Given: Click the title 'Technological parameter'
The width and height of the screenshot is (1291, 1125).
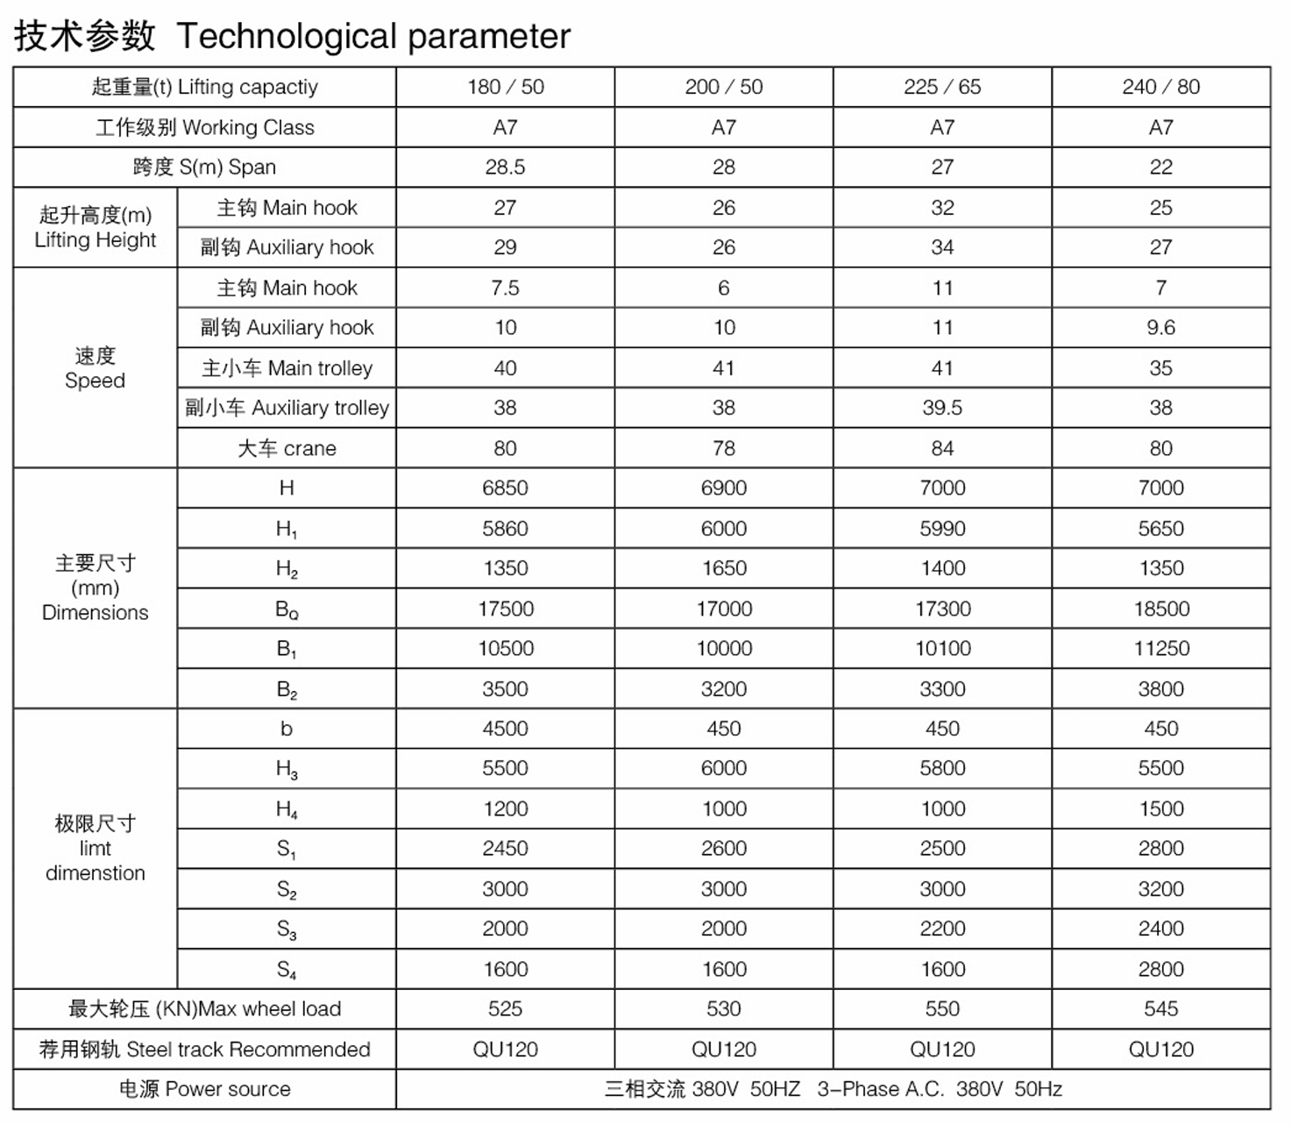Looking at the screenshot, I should coord(373,37).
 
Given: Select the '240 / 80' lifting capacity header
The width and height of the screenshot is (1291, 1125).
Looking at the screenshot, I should coord(1160,87).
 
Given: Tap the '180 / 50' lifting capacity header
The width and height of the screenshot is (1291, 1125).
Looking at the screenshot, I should coord(505,87).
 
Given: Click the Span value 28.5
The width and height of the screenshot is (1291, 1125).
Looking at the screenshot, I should coord(505,167).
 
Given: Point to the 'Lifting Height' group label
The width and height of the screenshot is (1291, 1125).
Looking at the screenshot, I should coord(95,227).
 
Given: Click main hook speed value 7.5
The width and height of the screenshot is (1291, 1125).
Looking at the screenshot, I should coord(505,288).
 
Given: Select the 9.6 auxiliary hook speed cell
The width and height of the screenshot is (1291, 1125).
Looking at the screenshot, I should coord(1160,327).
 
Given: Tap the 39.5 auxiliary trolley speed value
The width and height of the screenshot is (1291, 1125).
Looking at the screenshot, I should coord(942,408).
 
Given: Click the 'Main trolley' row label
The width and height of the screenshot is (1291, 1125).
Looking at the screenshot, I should coord(287,368).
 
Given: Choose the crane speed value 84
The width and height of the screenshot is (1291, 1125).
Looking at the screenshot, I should coord(942,448).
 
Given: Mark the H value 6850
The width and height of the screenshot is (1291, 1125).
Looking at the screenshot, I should coord(505,488).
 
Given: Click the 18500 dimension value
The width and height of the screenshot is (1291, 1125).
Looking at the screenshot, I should coord(1160,609).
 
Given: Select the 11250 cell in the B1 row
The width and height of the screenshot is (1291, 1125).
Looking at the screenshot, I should coord(1160,648).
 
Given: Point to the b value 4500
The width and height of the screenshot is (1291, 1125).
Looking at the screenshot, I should coord(505,729).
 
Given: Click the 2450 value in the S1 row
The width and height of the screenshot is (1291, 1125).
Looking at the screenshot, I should coord(505,848).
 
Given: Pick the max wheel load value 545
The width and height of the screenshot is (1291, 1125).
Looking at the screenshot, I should coord(1160,1008).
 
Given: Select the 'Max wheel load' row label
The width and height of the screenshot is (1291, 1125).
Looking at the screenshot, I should coord(204,1008).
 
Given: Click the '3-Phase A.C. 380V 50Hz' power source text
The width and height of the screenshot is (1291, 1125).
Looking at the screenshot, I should coord(940,1089).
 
